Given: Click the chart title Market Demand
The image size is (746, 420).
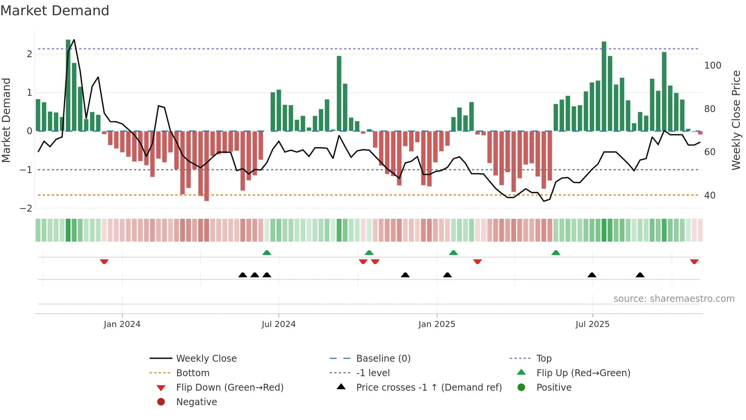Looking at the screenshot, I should [x=55, y=11].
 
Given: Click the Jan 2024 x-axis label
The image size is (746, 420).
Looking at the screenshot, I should [x=122, y=324].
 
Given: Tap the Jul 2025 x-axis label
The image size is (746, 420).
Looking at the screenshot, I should [x=592, y=324].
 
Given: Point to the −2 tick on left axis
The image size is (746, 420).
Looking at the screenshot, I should [x=26, y=208].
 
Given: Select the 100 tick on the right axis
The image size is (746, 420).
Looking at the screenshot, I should [x=713, y=66].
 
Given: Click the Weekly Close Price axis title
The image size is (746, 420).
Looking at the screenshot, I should [x=736, y=120].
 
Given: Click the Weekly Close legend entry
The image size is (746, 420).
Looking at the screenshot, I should [x=206, y=359].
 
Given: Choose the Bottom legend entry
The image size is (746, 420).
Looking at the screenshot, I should [x=193, y=373].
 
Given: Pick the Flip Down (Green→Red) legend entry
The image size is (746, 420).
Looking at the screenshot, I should [x=230, y=388].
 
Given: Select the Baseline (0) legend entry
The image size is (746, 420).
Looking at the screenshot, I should [x=383, y=359].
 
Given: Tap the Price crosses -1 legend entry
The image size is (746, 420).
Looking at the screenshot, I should [x=429, y=388].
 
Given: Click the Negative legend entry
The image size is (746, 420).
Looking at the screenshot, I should [x=196, y=402].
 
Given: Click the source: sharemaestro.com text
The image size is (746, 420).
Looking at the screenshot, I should [x=674, y=299].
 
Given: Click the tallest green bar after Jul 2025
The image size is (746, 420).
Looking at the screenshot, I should [x=604, y=86].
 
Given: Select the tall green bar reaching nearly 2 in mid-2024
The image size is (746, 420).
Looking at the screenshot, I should [x=339, y=93].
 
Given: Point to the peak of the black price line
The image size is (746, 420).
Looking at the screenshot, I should [x=74, y=40].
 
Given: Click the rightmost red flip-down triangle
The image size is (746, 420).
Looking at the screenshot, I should [x=694, y=261].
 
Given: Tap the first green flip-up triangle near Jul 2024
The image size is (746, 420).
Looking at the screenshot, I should [x=267, y=253].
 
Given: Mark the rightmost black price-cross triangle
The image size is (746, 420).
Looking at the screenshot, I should [x=640, y=275].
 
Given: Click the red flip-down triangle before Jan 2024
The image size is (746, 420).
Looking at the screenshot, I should [x=104, y=261].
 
